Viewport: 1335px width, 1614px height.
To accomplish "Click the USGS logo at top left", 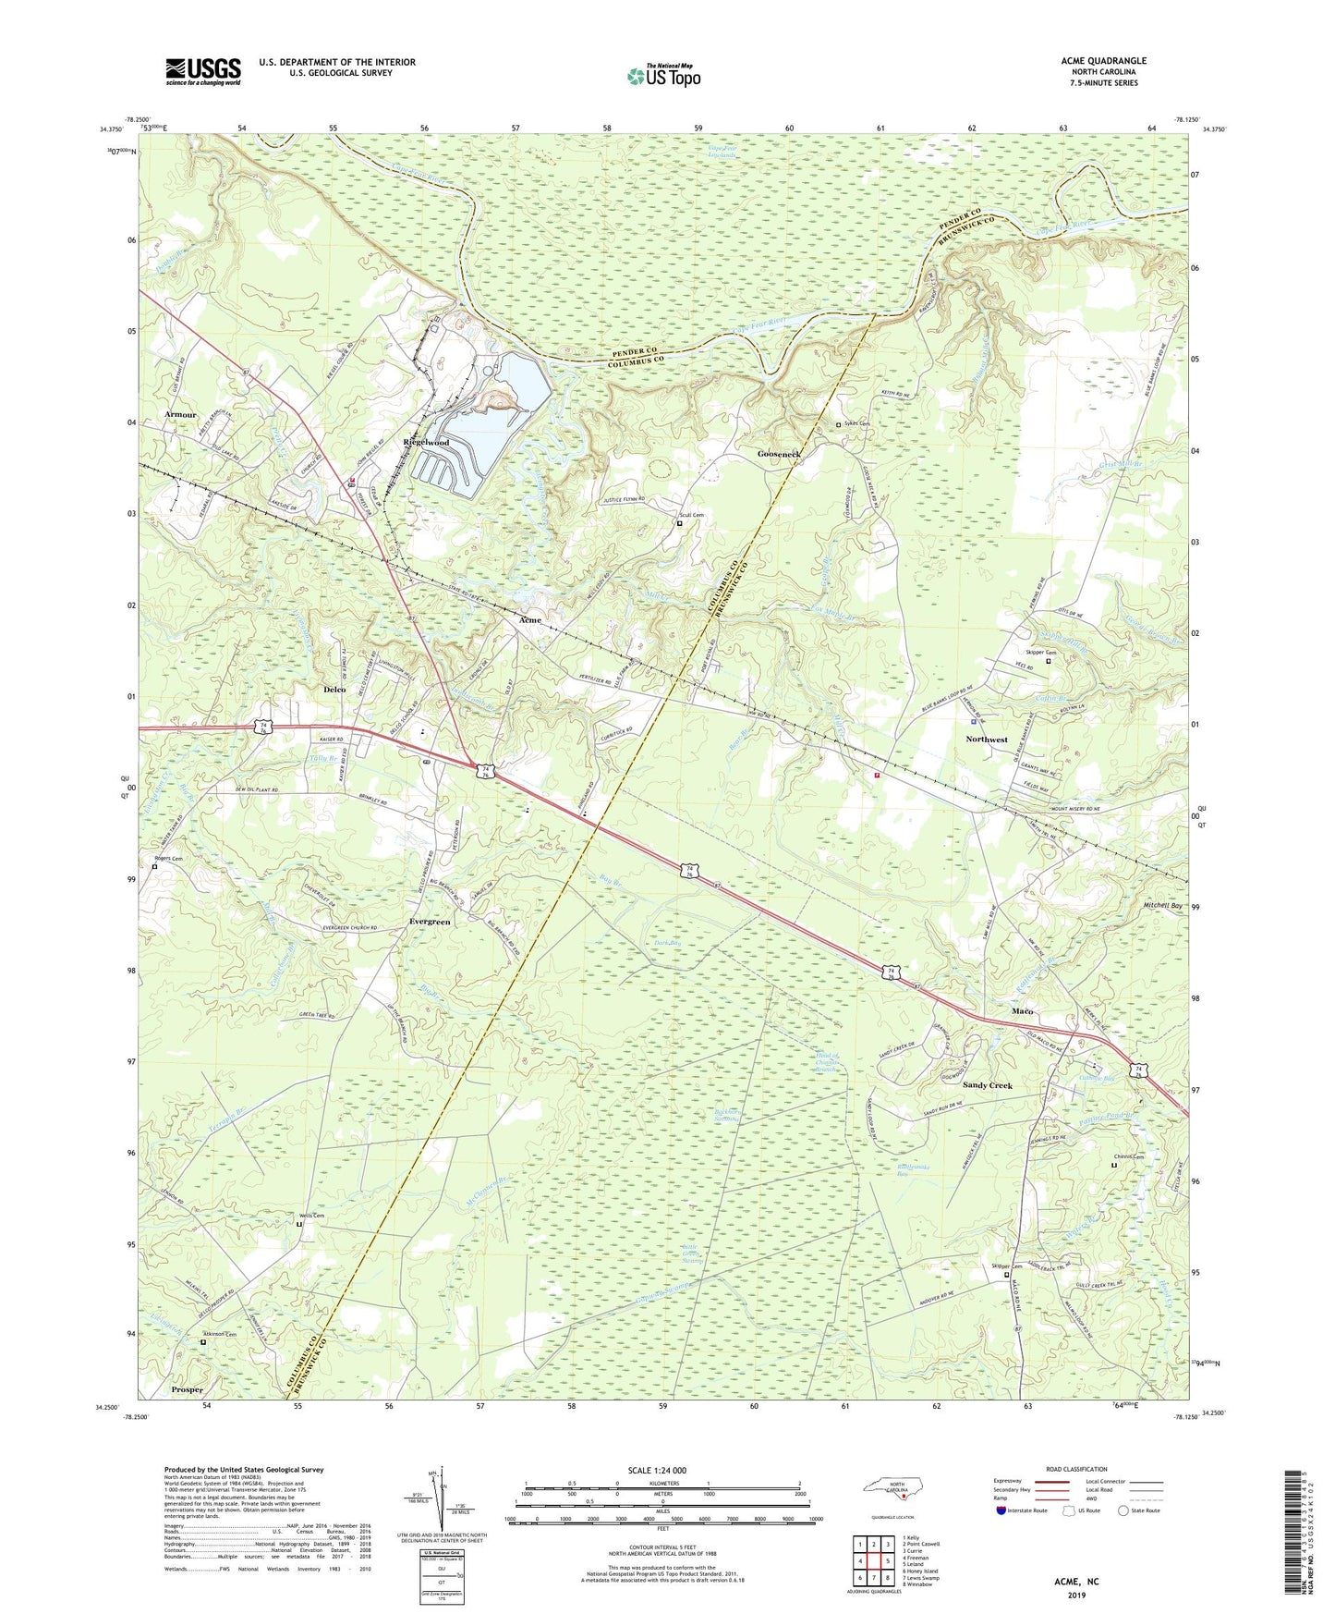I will (203, 71).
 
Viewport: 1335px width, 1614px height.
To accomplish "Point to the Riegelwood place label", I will (426, 443).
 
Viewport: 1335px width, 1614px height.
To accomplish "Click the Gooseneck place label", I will (779, 455).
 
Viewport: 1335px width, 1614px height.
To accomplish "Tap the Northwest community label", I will (987, 740).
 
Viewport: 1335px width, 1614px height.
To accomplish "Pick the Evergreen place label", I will (430, 922).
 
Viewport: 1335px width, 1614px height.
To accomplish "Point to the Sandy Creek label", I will (988, 1085).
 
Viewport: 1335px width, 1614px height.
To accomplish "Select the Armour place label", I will (180, 415).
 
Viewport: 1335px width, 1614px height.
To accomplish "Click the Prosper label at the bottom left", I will (187, 1389).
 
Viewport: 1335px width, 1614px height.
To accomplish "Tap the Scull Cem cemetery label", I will (692, 515).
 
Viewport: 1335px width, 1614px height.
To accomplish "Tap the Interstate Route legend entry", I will (1026, 1510).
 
